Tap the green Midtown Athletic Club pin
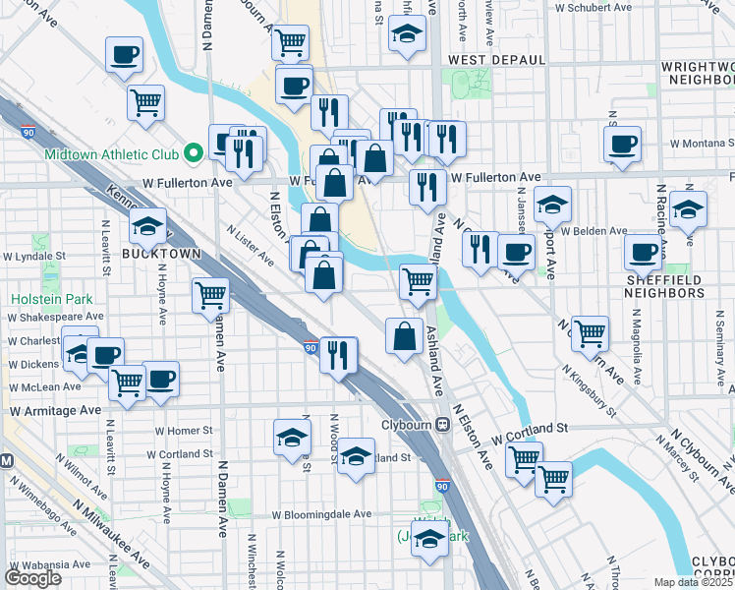point(195,152)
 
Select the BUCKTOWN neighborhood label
point(161,253)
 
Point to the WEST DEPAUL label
point(496,60)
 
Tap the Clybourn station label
point(408,426)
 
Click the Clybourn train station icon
point(443,426)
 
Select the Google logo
point(32,578)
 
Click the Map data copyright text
point(694,582)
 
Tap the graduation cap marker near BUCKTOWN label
point(147,227)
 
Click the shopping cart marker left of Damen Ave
point(210,294)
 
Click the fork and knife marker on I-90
point(338,355)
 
